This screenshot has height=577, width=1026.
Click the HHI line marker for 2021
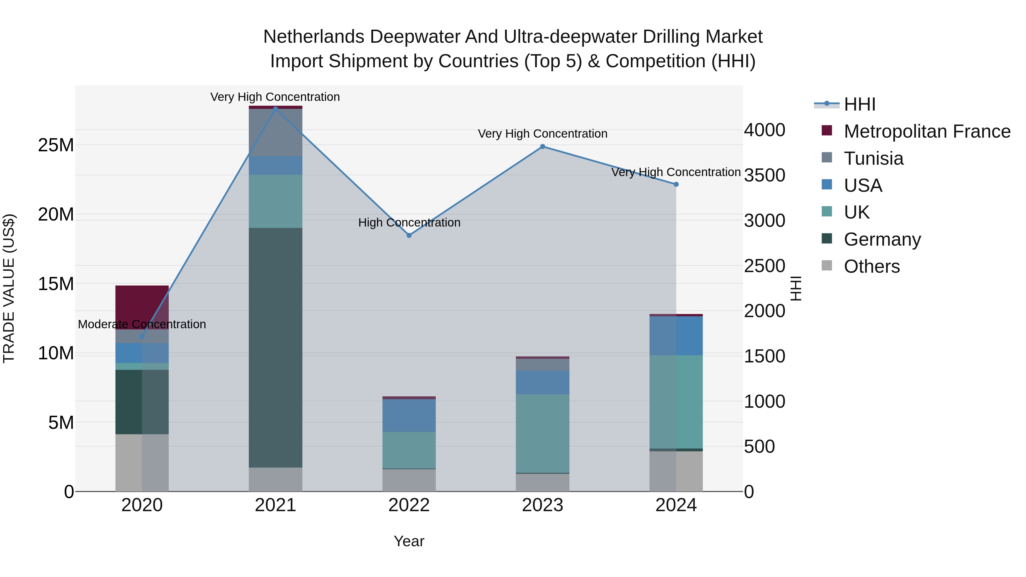coord(276,109)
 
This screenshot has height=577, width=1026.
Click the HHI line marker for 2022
coord(409,235)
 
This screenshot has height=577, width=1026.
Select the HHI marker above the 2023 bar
coord(542,146)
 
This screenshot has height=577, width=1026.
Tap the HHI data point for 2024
coord(676,184)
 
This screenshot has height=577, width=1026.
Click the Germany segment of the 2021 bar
coord(276,347)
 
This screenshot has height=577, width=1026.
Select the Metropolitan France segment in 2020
coord(142,307)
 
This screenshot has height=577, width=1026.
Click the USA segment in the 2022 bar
coord(409,415)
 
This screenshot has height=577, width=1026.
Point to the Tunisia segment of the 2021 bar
coord(276,132)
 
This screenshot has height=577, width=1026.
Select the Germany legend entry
coord(882,239)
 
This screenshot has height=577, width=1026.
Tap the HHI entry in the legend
coord(860,104)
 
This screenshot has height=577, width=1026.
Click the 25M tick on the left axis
coord(56,145)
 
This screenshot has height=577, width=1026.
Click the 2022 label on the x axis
coord(409,505)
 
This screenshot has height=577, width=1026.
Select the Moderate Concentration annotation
coord(142,324)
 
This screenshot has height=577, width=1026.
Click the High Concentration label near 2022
coord(409,222)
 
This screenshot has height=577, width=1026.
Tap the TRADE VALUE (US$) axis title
coord(9,288)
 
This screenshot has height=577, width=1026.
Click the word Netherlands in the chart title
coord(313,37)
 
